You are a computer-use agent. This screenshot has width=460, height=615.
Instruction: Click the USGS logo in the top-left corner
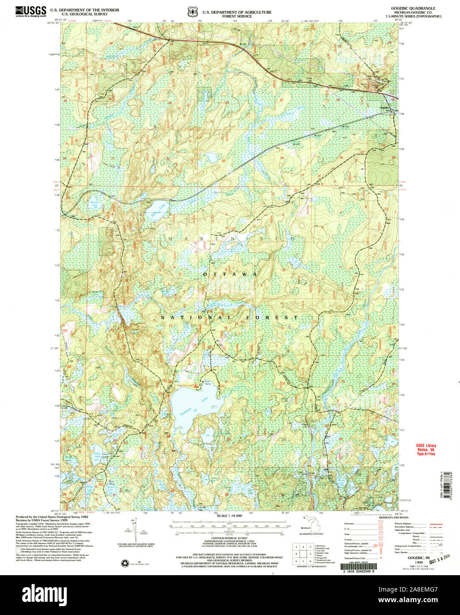coord(31,11)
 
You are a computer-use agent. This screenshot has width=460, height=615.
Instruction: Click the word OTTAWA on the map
coord(230,274)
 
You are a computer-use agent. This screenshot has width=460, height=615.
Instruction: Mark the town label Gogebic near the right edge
coord(384,108)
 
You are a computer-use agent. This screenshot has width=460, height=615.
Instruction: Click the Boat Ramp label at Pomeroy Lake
coord(207,383)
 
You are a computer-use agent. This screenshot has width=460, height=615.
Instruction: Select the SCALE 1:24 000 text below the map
coord(230,516)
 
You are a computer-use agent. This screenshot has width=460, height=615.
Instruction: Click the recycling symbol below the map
coord(123,563)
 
